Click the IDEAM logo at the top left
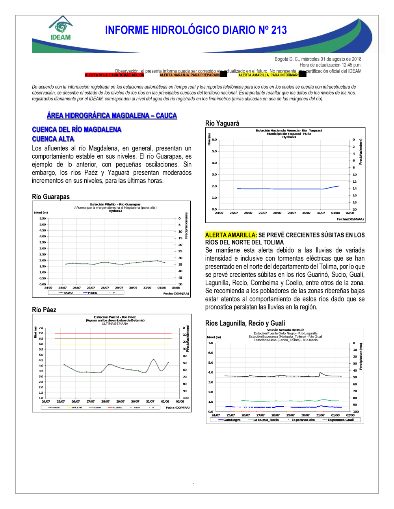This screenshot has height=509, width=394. coord(61,28)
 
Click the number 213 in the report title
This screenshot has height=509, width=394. coord(279,30)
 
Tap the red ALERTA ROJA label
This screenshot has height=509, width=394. coord(114,75)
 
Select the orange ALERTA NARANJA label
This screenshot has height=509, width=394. coord(190,75)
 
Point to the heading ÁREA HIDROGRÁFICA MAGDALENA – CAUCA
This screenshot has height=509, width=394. coord(112,115)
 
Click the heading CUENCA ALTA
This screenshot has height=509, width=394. coord(53,139)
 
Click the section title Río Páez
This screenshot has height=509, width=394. coord(44,310)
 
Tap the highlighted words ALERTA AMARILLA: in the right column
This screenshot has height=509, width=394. coord(231,235)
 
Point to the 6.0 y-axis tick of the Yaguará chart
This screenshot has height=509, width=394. coord(214,140)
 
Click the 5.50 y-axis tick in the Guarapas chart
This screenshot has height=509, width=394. coord(43,218)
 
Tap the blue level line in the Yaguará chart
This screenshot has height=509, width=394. coord(280,189)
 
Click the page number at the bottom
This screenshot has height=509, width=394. coord(194,484)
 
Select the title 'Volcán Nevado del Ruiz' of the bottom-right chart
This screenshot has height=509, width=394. coord(285,330)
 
